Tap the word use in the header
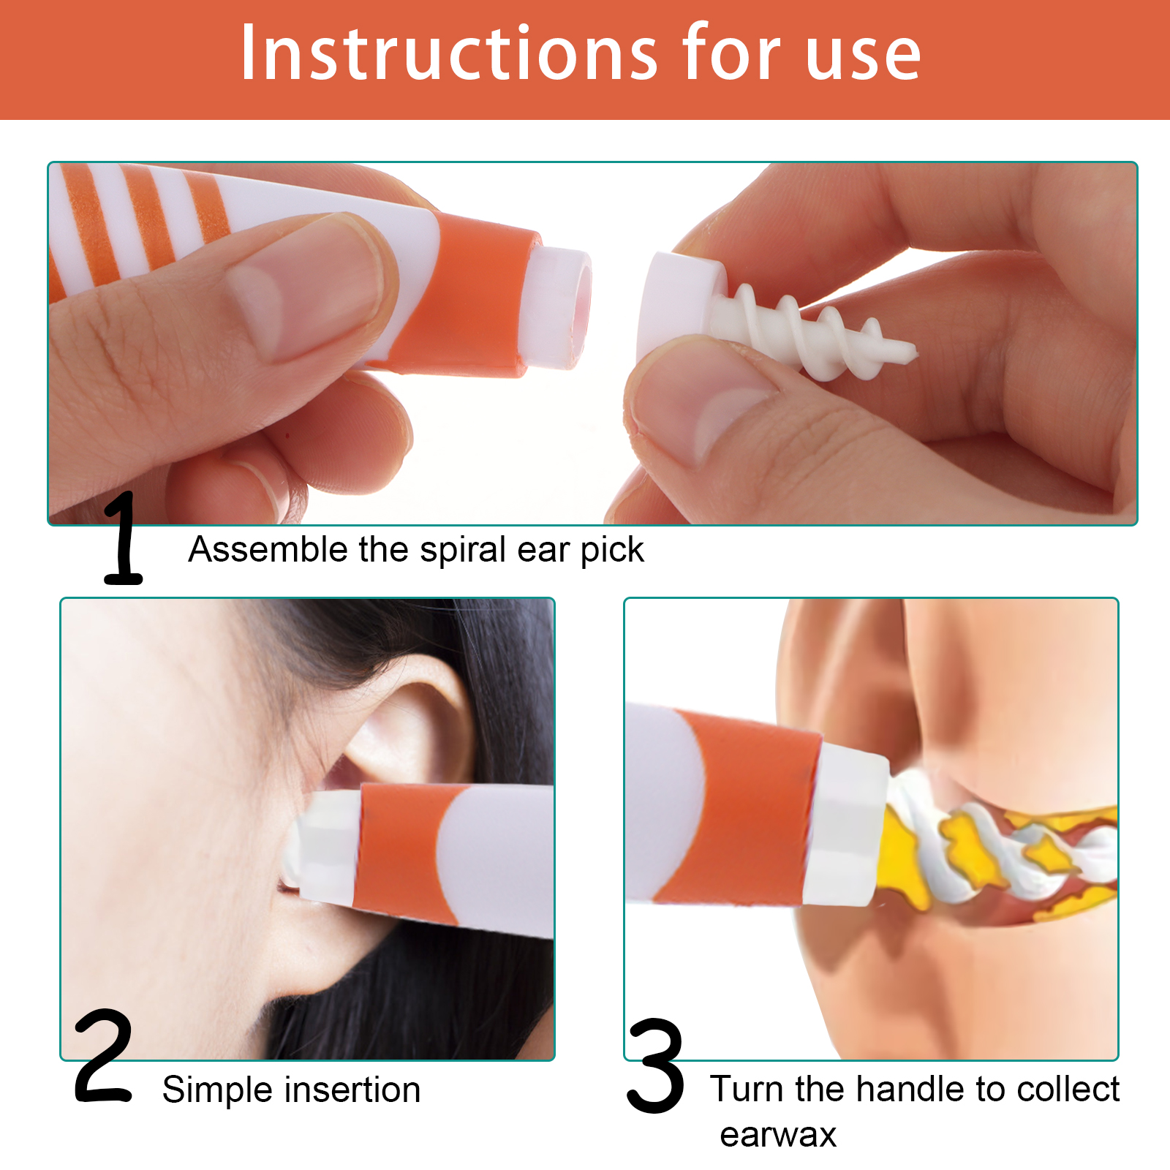click(863, 58)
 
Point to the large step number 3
click(656, 1065)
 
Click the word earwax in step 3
click(778, 1136)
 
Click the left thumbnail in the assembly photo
click(307, 289)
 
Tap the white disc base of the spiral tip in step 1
click(680, 307)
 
